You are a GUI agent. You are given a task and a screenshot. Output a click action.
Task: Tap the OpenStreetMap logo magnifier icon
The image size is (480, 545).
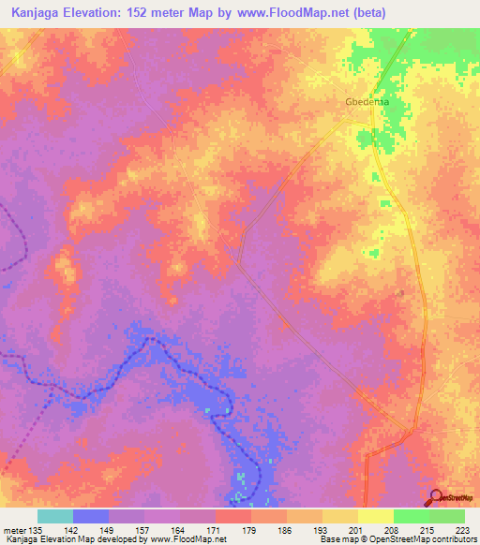(x=436, y=496)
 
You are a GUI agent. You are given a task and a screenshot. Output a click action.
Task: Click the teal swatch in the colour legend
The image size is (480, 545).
(x=55, y=516)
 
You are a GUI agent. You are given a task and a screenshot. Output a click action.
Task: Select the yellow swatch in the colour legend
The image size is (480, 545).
(x=375, y=516)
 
